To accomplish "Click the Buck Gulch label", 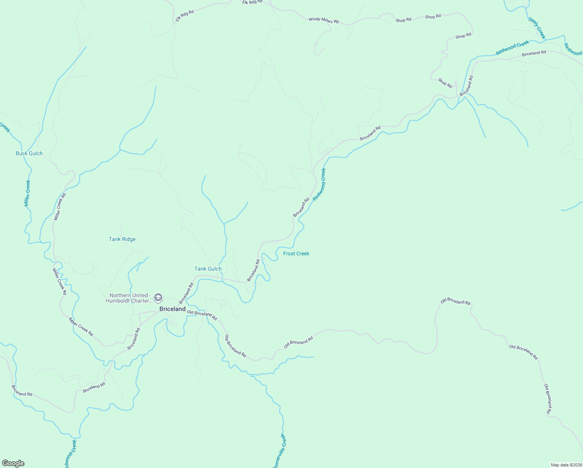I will tap(29, 153).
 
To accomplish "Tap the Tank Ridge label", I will tap(122, 239).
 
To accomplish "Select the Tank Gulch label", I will tap(208, 269).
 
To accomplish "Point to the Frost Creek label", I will tap(296, 253).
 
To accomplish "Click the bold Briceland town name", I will tap(173, 309).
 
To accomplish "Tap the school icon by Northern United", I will tap(158, 298).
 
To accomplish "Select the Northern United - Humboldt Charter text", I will tap(129, 298).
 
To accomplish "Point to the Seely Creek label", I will tap(537, 27).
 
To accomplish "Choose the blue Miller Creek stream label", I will tap(27, 193).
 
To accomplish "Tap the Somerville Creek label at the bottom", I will tap(279, 451).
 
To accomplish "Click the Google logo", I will tap(13, 463).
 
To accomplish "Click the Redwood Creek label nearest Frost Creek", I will tap(319, 184).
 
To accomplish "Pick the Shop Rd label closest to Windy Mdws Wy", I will tap(403, 20).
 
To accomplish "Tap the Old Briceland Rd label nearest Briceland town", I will tap(202, 315).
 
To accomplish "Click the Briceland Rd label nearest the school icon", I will tap(186, 293).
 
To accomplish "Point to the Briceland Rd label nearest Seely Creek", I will tap(534, 53).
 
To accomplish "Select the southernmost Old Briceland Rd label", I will tap(548, 399).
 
